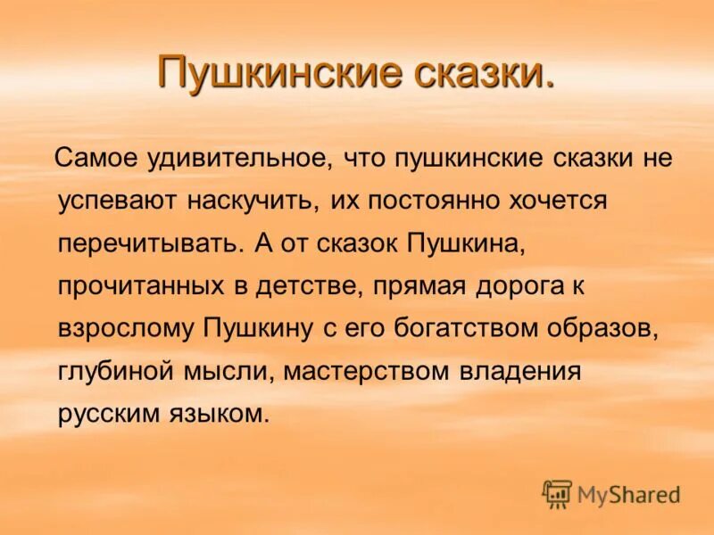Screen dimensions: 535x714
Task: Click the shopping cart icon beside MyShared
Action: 557,493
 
